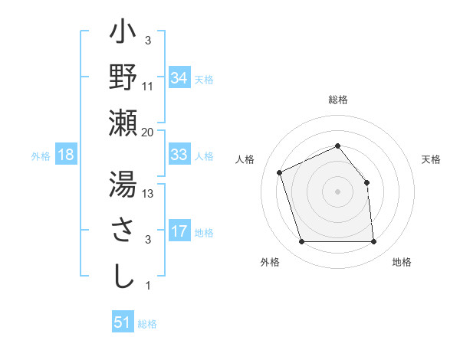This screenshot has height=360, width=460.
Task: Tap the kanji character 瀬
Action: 123,123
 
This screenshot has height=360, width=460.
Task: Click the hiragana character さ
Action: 123,231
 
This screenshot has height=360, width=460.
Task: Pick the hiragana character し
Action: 123,276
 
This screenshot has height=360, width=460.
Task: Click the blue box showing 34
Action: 179,78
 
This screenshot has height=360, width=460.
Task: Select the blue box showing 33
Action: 179,155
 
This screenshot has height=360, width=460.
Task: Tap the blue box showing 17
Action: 179,231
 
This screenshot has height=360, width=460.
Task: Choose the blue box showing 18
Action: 66,155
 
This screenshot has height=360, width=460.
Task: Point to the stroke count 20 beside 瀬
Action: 148,133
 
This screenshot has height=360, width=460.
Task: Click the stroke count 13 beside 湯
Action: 149,194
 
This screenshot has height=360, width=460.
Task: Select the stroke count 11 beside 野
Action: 149,86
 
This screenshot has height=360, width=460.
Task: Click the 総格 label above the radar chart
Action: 337,100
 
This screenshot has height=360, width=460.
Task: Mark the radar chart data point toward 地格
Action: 373,242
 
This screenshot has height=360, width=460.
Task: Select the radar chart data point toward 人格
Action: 280,172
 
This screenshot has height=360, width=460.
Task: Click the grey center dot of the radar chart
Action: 337,191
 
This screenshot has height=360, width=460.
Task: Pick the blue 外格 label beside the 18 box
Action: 41,155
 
